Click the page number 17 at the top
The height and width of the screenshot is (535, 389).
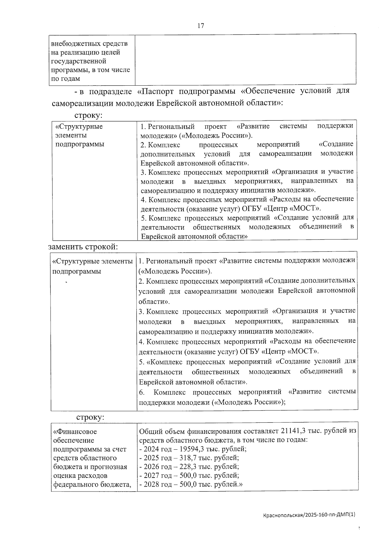pyautogui.click(x=201, y=26)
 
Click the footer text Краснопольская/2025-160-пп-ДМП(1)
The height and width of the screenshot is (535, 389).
pyautogui.click(x=309, y=515)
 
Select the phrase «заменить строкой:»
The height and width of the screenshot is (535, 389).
pyautogui.click(x=83, y=247)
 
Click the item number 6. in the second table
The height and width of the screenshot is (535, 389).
pyautogui.click(x=142, y=393)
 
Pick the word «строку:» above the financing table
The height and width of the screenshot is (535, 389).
pyautogui.click(x=90, y=417)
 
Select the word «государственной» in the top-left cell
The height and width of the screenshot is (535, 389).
pyautogui.click(x=79, y=61)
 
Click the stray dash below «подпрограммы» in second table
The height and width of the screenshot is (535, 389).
pyautogui.click(x=66, y=283)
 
